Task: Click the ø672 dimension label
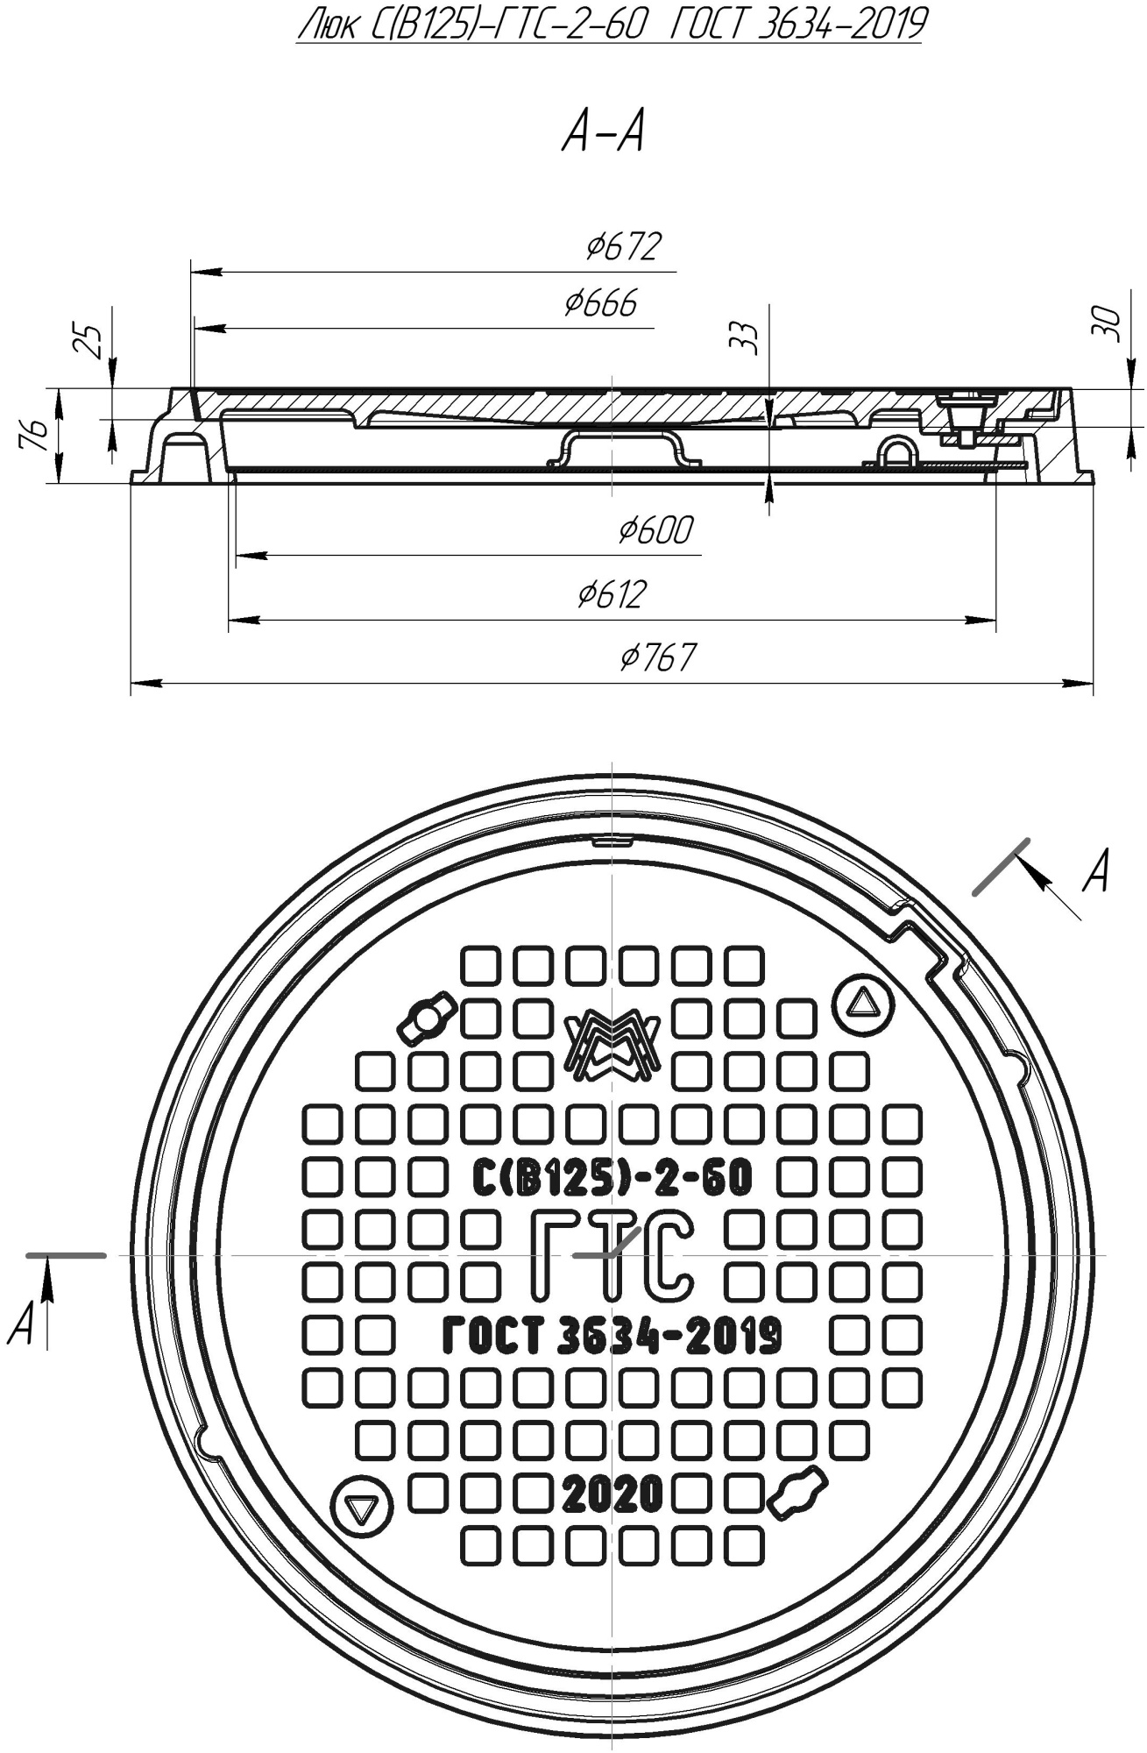tap(623, 247)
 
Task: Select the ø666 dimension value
tap(601, 303)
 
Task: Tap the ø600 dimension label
tap(655, 529)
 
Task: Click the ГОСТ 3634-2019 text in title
tap(796, 25)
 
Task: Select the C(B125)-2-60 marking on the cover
tap(612, 1178)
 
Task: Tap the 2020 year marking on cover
tap(612, 1495)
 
